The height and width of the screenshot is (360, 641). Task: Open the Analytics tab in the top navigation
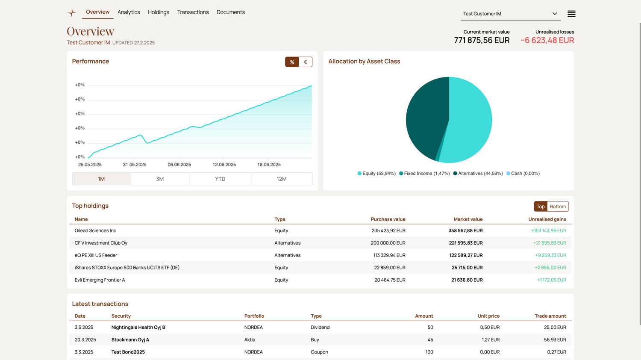(129, 12)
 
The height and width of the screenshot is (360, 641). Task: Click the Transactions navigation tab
(193, 12)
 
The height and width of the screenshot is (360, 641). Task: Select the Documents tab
(231, 12)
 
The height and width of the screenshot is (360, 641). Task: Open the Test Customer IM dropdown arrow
(555, 14)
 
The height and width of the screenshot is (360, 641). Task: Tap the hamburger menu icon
(571, 14)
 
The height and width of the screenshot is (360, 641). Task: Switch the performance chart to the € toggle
(306, 62)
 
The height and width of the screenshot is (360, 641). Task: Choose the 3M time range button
(160, 179)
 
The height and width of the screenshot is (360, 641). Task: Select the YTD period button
(220, 179)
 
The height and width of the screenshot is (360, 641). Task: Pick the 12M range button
(281, 179)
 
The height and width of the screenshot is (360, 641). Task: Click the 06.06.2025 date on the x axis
(179, 165)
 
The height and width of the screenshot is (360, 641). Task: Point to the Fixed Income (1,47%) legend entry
(424, 174)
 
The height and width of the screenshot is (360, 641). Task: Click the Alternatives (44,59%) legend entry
(478, 174)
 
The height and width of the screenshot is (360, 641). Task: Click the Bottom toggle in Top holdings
(558, 207)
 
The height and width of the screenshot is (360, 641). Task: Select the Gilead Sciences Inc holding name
(95, 231)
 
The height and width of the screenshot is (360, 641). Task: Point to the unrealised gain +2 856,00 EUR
(550, 268)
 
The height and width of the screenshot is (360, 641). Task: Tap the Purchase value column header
(388, 219)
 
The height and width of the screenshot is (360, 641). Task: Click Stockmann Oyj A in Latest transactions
(130, 340)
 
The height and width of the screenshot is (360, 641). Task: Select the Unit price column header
(488, 316)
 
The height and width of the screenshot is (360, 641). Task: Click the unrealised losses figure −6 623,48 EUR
(547, 40)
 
